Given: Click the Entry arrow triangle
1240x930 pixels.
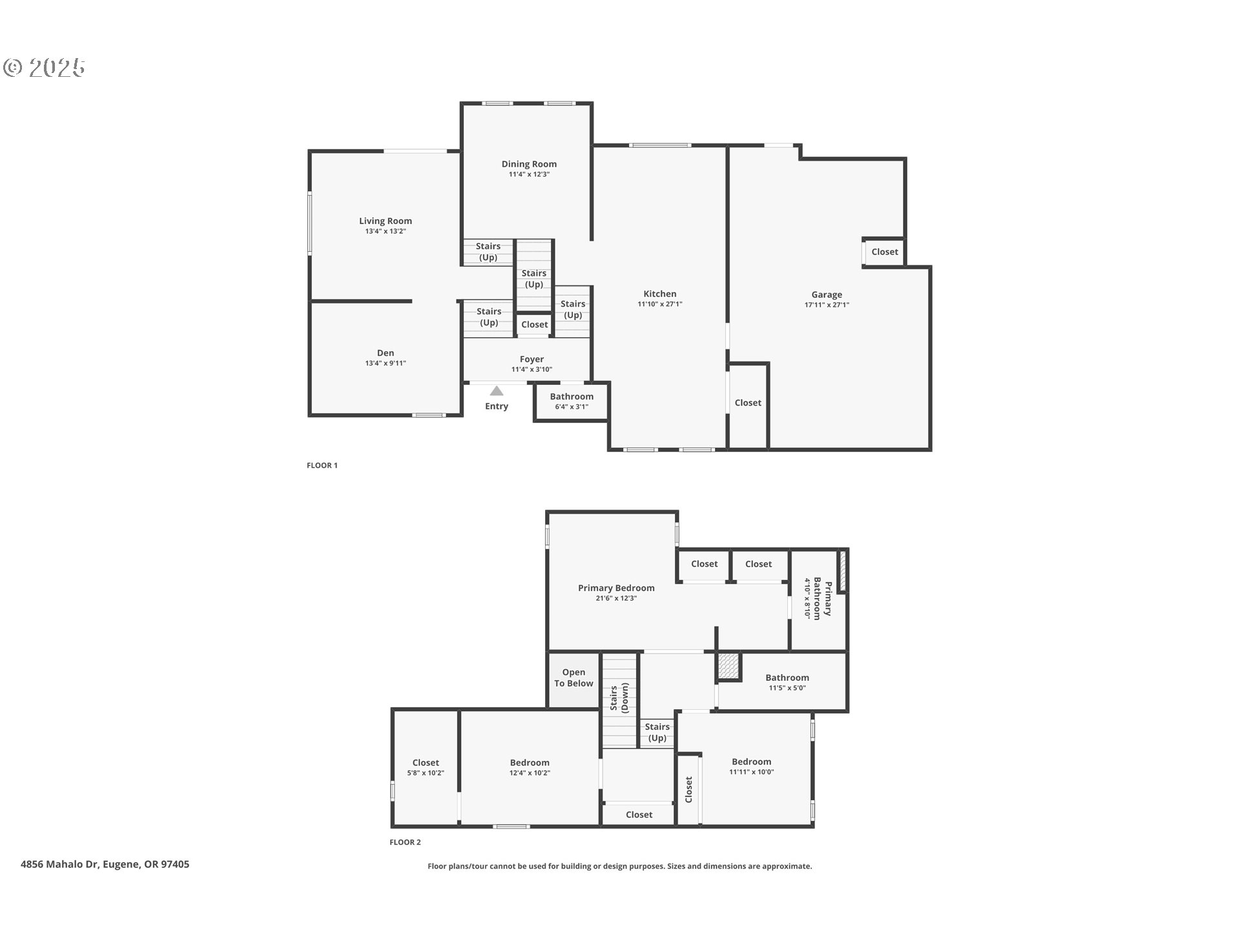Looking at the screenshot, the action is [497, 391].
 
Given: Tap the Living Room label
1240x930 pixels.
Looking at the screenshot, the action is [386, 221].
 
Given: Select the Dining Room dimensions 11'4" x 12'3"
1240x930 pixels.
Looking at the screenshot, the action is [529, 174].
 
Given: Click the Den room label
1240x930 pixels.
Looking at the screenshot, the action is [386, 353].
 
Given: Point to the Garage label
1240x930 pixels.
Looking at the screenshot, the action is [827, 294].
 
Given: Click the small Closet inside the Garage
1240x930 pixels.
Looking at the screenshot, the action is [884, 252].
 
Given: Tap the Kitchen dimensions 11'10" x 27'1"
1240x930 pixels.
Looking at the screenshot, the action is [660, 304].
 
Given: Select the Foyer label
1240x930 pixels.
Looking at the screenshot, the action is [532, 359].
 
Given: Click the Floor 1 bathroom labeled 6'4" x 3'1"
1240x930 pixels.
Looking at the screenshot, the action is [572, 402].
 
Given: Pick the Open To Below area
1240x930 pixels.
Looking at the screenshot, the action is [573, 678].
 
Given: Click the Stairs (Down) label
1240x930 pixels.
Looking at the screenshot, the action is [619, 699].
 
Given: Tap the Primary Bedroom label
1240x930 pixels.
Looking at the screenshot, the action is [616, 588].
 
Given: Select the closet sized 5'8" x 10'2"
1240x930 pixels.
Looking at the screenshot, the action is [426, 767].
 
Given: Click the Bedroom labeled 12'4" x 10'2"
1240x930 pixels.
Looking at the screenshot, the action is [530, 767].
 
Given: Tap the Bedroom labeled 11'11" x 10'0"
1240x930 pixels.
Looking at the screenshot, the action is [752, 766].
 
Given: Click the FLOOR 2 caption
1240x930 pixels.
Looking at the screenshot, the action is [405, 842].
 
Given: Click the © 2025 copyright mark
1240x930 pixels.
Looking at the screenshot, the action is [44, 68].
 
